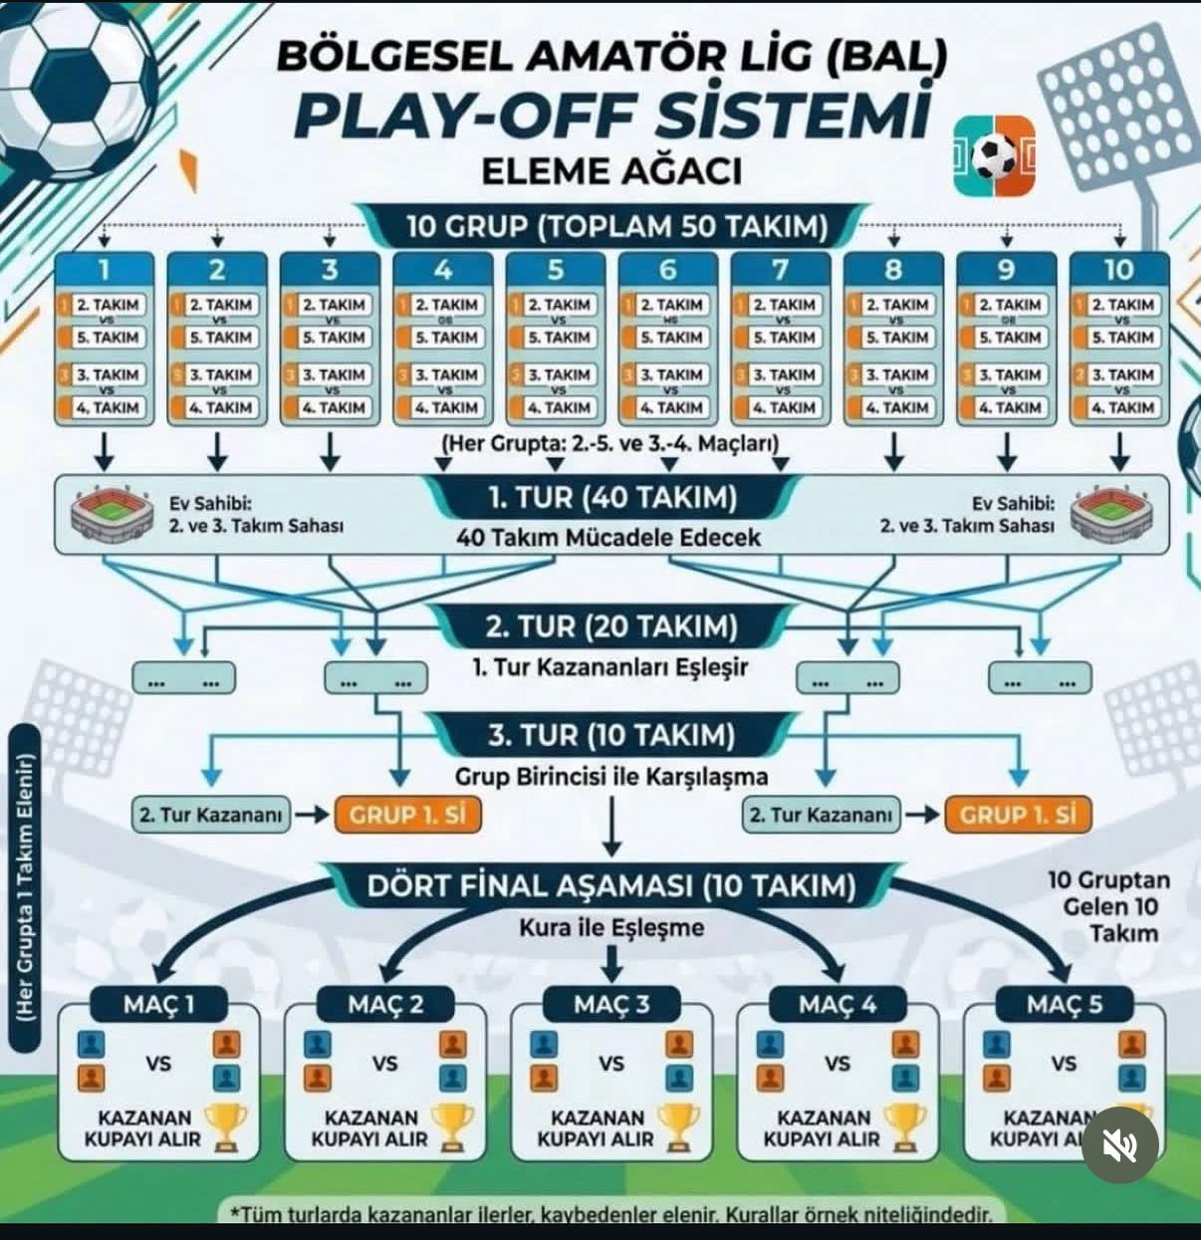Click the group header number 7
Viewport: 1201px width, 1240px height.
(780, 269)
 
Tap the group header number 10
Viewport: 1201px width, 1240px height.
(1118, 269)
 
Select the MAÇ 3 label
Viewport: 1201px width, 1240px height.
(611, 1004)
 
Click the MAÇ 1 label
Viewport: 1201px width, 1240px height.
(159, 1004)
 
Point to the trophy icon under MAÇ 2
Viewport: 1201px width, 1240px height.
(453, 1126)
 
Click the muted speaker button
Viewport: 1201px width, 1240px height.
(1120, 1145)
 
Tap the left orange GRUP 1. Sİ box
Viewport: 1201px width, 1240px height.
(407, 815)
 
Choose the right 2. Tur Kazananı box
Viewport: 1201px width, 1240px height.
(822, 815)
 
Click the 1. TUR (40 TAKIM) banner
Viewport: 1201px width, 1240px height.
(612, 496)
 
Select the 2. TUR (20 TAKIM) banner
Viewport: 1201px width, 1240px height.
(611, 626)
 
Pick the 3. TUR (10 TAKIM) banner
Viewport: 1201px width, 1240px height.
(611, 736)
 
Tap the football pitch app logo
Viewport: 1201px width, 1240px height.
(993, 156)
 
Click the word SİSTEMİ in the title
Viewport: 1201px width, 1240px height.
(788, 118)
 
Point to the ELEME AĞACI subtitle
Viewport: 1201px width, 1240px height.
(611, 171)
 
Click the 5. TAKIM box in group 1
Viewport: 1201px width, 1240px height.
(108, 338)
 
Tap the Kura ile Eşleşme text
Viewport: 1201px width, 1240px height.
(611, 928)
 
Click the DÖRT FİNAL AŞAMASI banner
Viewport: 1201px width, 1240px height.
(611, 885)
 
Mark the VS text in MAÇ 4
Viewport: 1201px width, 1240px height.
(838, 1064)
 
